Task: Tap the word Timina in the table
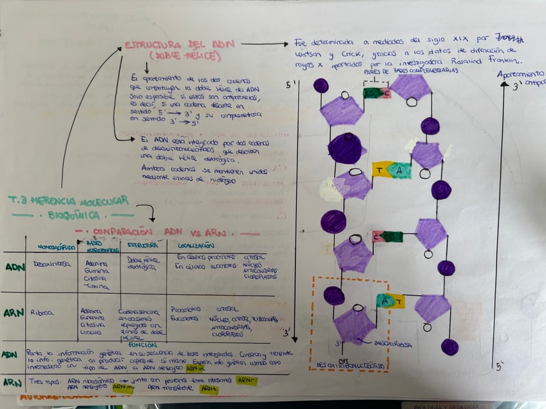(x=97, y=286)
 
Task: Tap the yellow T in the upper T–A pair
(x=380, y=170)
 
